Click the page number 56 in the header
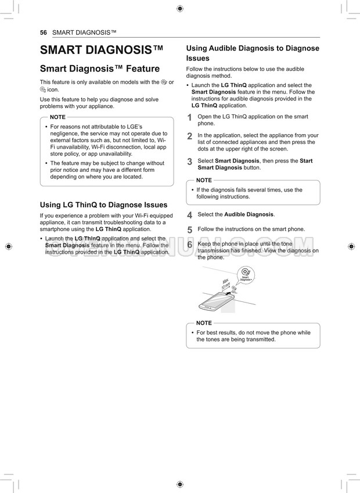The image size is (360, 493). tap(43, 32)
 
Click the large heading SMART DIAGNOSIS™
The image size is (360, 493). tap(102, 50)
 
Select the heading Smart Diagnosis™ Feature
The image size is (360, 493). tap(99, 69)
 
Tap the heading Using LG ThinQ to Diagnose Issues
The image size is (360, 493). tap(103, 205)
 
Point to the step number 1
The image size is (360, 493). tap(189, 118)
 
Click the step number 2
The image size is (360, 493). tap(189, 136)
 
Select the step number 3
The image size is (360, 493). tap(189, 161)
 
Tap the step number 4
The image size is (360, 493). tap(189, 215)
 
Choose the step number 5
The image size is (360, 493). tap(189, 230)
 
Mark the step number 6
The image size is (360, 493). tap(189, 245)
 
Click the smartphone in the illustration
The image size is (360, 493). tap(216, 302)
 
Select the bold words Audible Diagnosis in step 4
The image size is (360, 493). tap(249, 214)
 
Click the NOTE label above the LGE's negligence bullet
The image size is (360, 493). tap(58, 117)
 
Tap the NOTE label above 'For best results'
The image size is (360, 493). tap(204, 323)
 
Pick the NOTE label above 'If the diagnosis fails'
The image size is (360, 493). tap(204, 181)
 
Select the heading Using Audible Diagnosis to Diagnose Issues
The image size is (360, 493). tap(253, 53)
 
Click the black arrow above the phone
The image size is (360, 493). tap(234, 289)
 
